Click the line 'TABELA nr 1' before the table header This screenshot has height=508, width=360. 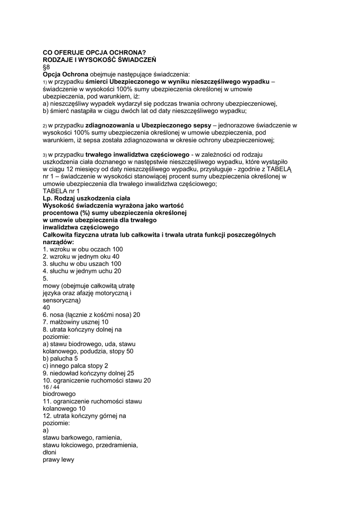61,191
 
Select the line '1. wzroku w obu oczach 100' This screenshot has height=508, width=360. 82,249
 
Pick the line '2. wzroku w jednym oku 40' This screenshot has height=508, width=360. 81,256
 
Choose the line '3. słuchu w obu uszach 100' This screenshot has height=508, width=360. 82,264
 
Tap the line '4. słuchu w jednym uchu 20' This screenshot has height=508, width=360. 82,271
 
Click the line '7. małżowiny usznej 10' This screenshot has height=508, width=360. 75,322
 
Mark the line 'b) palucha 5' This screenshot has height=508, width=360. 60,358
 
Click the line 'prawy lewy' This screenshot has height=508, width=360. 58,459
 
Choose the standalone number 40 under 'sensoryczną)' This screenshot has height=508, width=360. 47,308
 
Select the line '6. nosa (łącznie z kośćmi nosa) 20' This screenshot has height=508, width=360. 91,315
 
